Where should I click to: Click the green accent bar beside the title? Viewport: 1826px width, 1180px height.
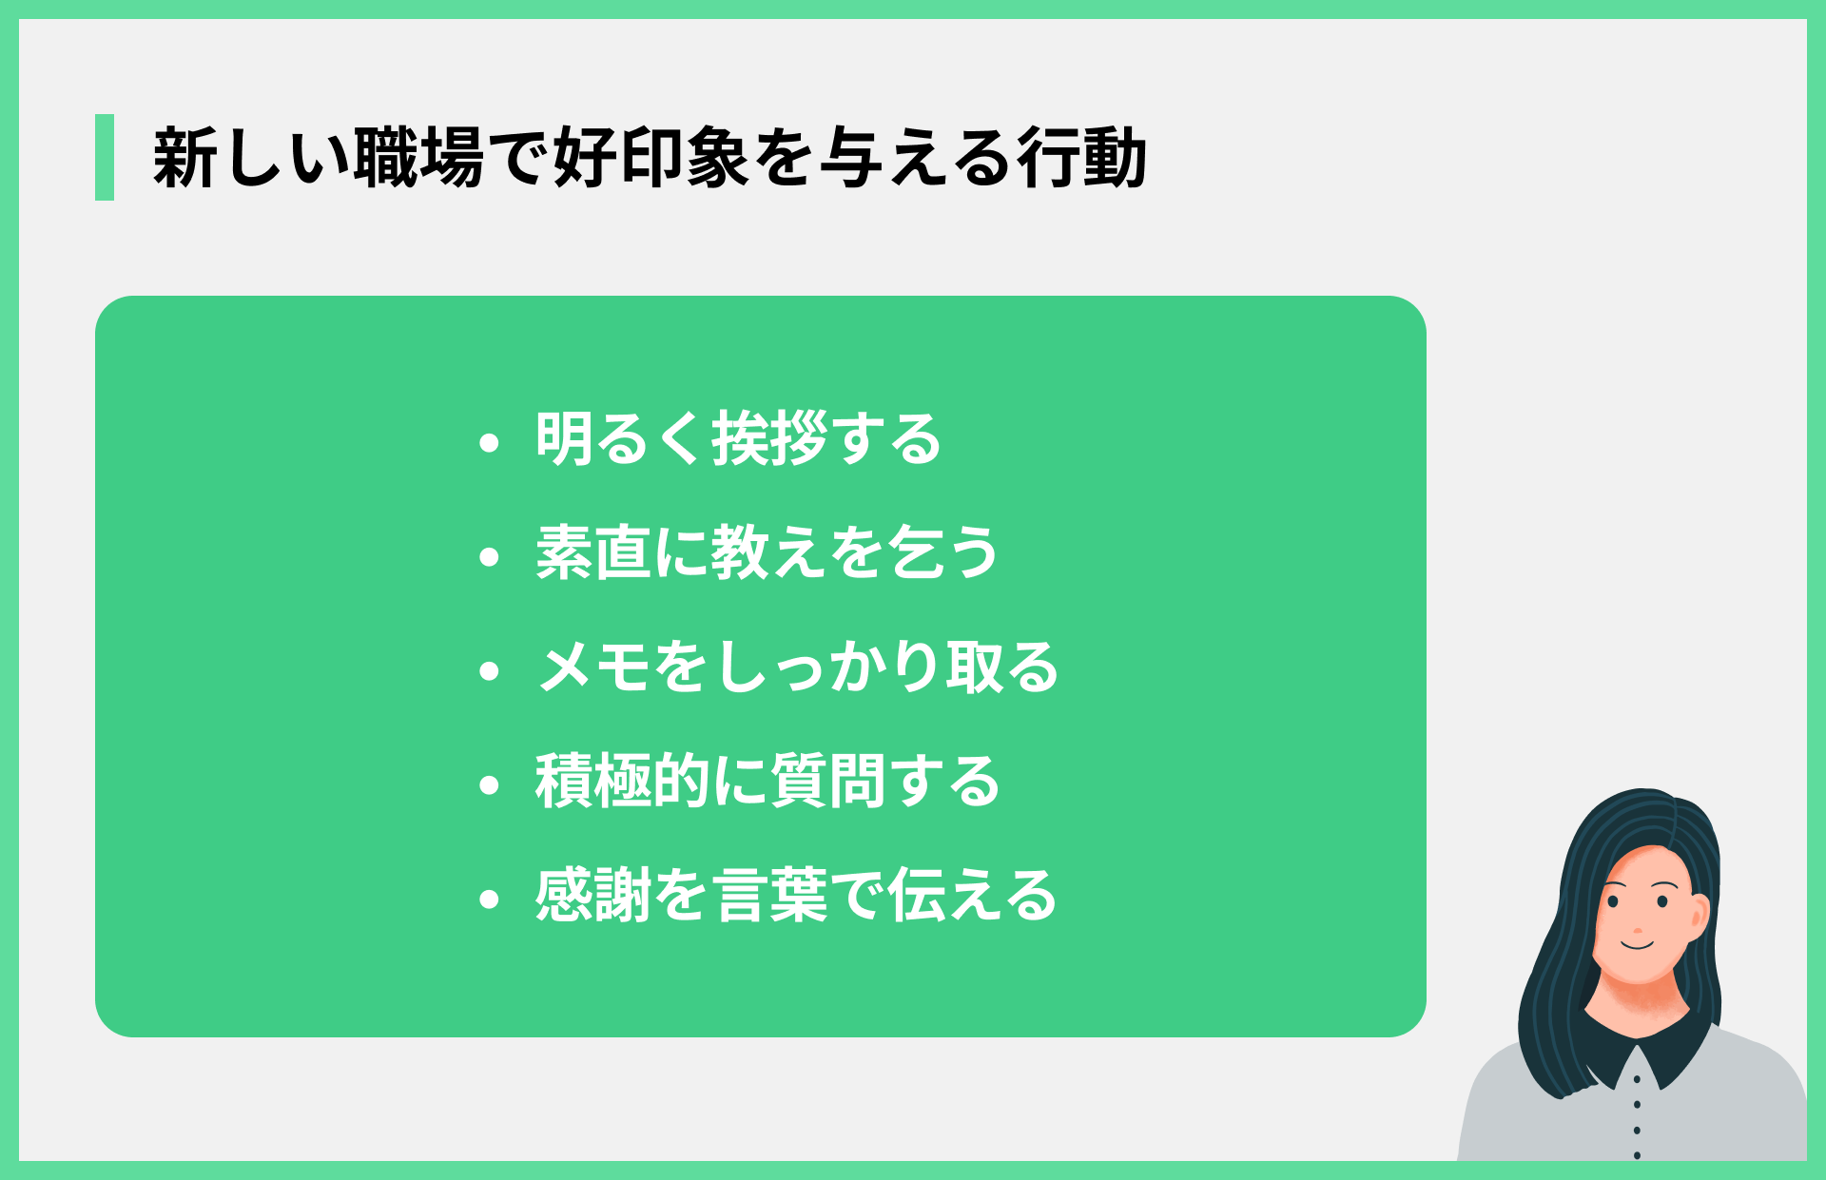(105, 157)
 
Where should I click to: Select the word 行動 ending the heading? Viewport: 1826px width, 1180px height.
(1081, 157)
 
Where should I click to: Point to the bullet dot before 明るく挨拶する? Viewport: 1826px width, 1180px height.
(490, 442)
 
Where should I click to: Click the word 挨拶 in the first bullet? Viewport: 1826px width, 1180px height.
(769, 439)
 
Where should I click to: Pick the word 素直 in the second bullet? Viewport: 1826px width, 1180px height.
(592, 552)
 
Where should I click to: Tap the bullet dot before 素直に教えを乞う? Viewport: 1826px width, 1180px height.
(490, 557)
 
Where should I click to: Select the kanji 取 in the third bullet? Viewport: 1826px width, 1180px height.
(973, 667)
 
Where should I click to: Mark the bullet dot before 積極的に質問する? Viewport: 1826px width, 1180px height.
(490, 785)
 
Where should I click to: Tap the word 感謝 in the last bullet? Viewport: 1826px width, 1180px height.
(592, 895)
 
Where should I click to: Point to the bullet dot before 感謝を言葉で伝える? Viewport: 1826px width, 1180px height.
(490, 900)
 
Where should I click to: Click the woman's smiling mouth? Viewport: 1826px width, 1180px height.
(1638, 944)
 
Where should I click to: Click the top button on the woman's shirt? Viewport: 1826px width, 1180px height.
(1637, 1079)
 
